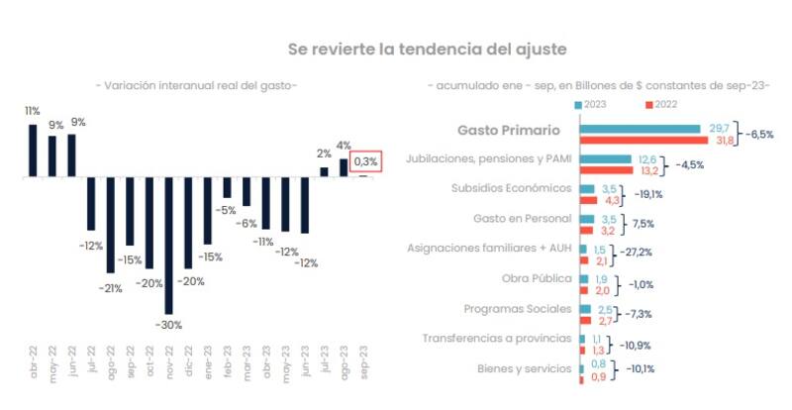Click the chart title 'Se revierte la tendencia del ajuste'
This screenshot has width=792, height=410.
(427, 48)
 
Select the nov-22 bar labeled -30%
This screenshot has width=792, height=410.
(168, 246)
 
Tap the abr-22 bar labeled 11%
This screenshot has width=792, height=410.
(33, 151)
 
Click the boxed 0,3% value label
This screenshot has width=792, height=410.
(365, 161)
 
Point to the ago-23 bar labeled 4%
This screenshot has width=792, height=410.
(344, 168)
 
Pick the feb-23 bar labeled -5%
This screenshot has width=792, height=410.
(227, 188)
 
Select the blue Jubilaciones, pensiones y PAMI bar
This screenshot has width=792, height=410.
(605, 158)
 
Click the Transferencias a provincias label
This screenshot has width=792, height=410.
(497, 338)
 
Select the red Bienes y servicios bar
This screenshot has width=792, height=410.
(583, 376)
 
